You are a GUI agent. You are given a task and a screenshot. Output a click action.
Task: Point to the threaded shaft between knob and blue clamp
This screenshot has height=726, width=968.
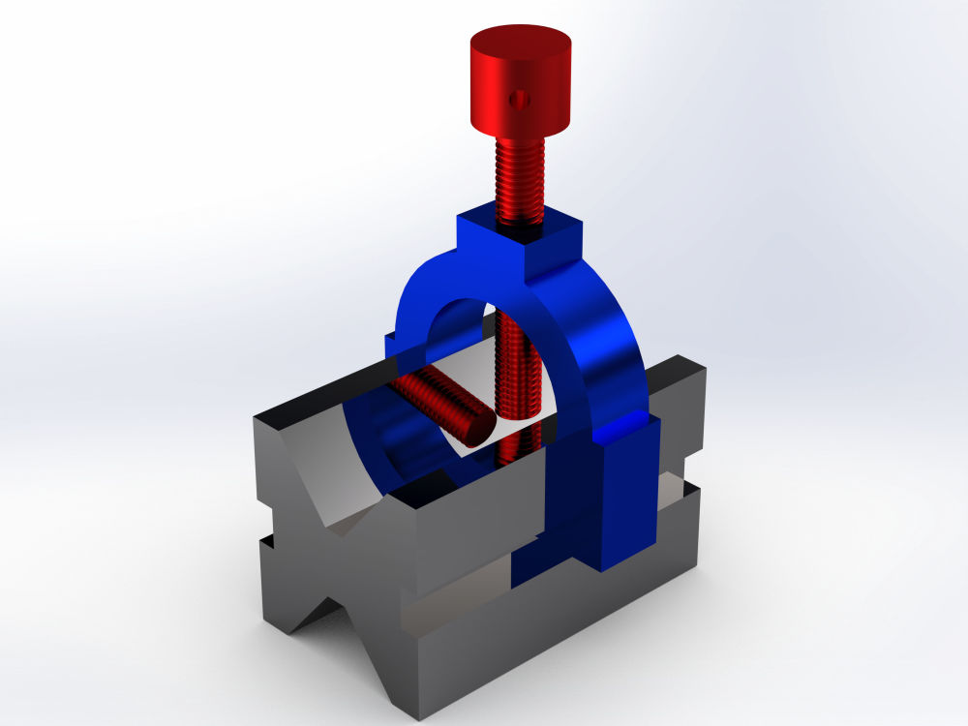(x=521, y=179)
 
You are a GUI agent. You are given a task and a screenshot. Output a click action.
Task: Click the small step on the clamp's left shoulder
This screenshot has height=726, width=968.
(x=391, y=341)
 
